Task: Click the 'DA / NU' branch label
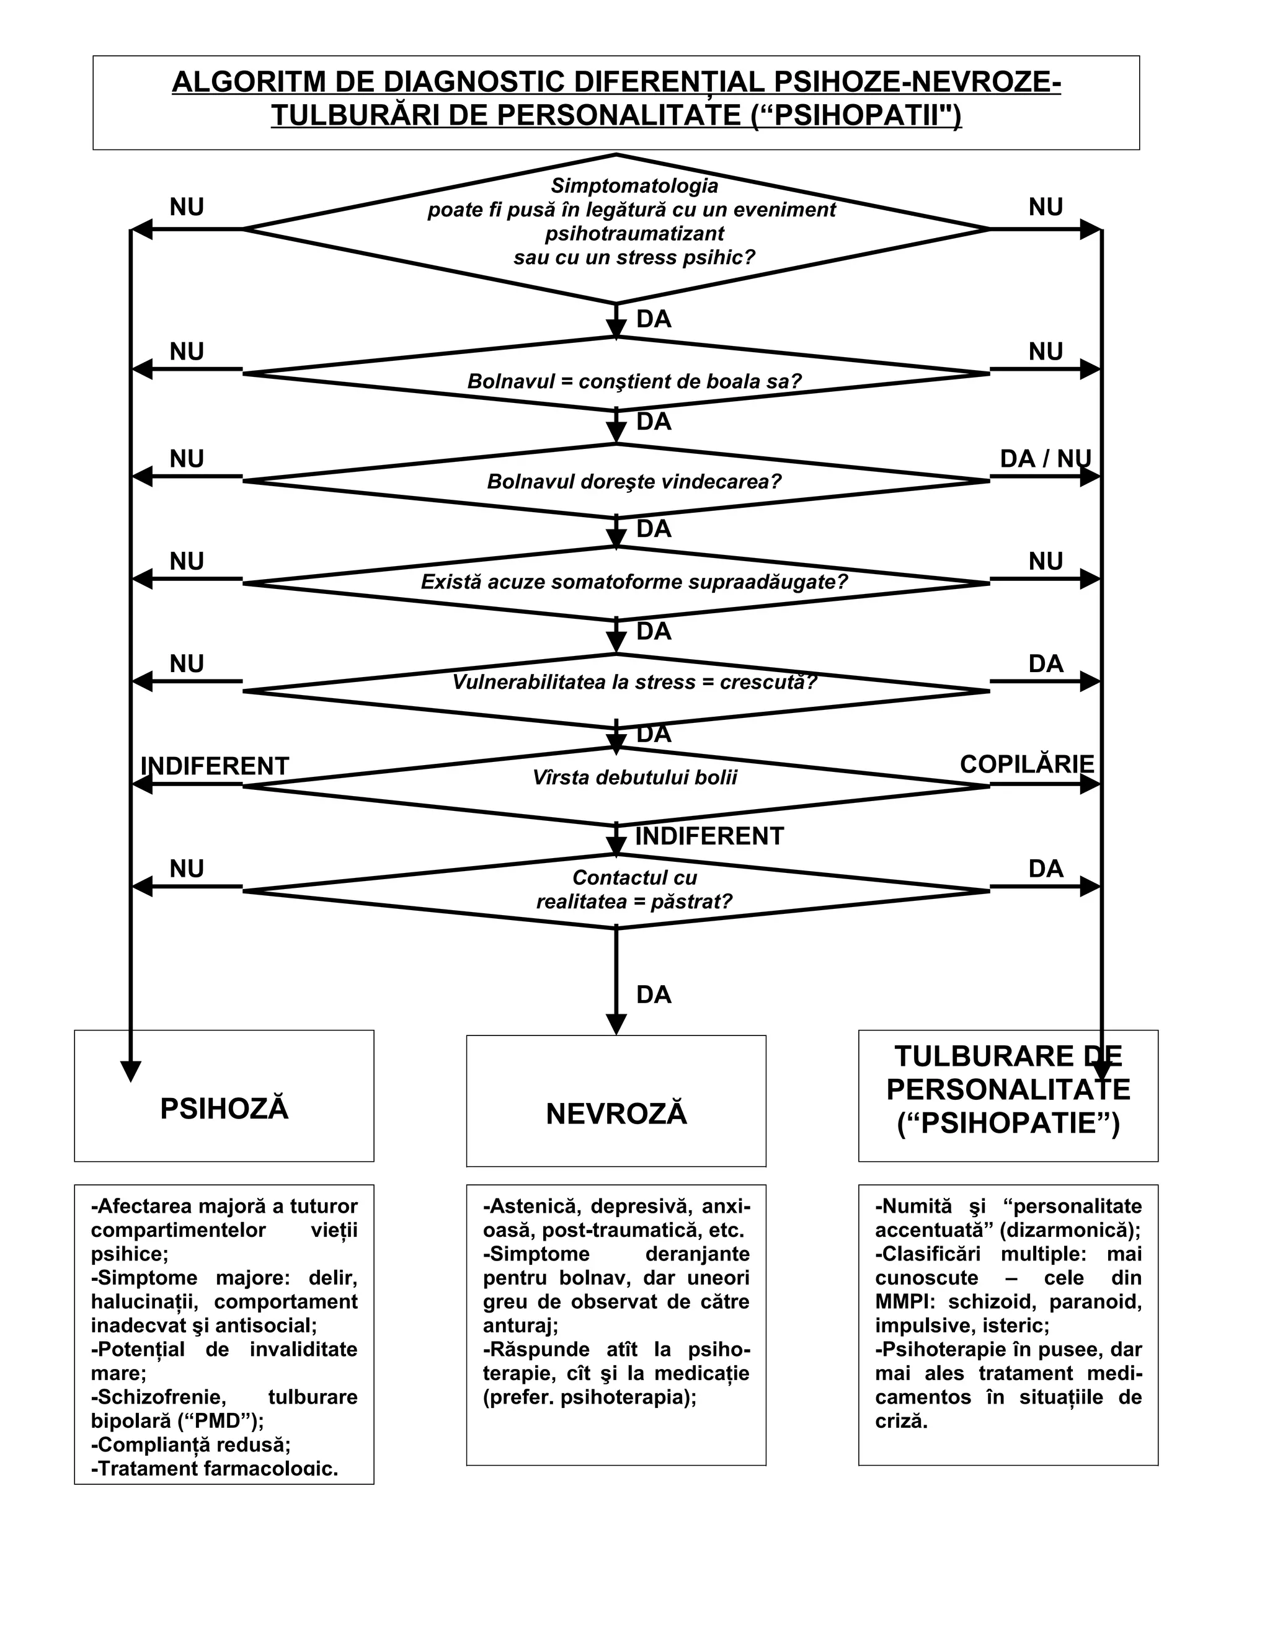click(1045, 458)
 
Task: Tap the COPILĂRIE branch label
click(1026, 764)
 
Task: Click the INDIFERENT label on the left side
click(215, 766)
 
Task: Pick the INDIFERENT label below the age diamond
click(709, 836)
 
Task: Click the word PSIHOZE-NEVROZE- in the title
click(917, 82)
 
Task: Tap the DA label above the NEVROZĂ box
click(653, 994)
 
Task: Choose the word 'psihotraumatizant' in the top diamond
click(634, 233)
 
